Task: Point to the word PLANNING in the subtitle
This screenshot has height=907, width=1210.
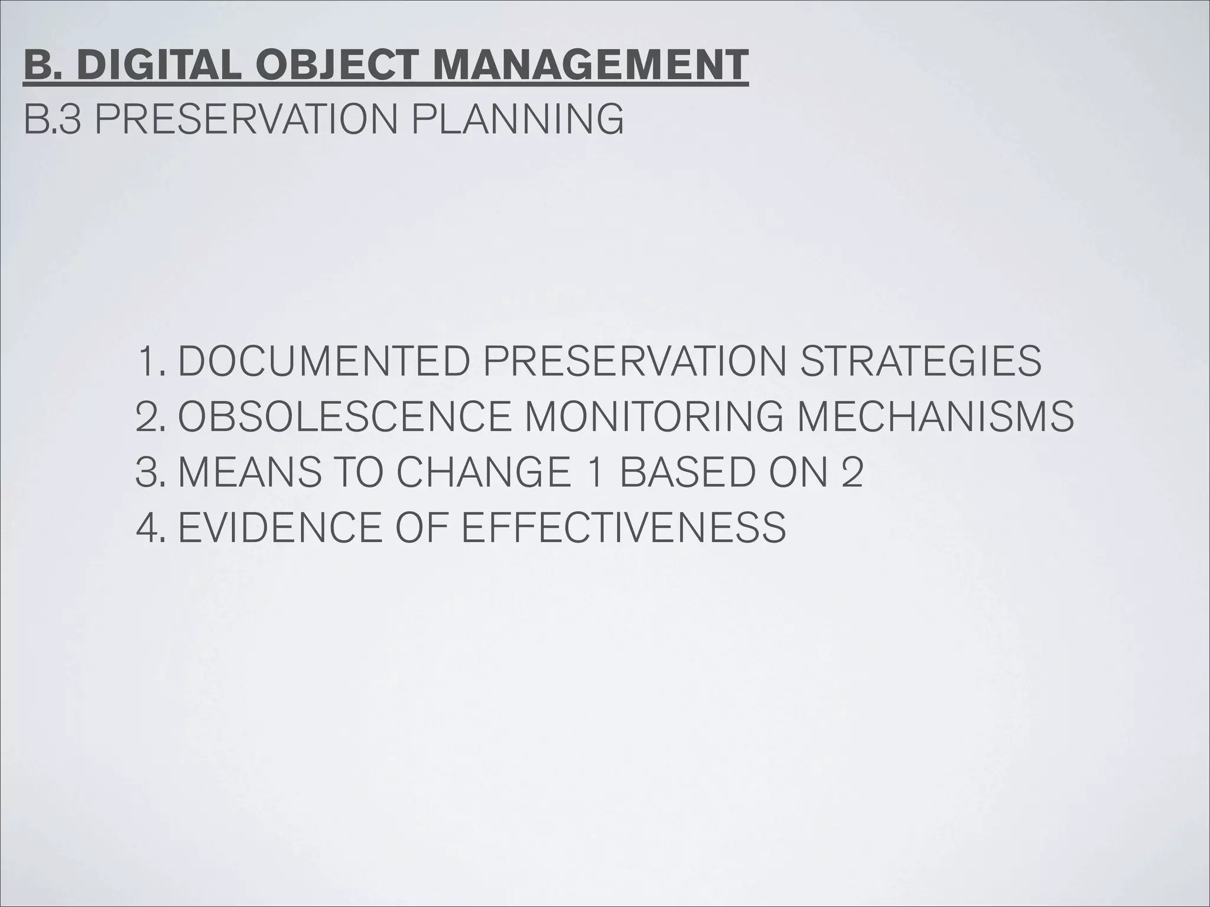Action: [516, 120]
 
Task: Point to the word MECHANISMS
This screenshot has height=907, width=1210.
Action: [935, 416]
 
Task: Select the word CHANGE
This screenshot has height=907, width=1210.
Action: [484, 472]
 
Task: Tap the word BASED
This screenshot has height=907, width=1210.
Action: [685, 472]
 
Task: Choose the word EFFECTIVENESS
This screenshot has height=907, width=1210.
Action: [623, 527]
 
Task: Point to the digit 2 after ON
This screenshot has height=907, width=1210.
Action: [851, 472]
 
